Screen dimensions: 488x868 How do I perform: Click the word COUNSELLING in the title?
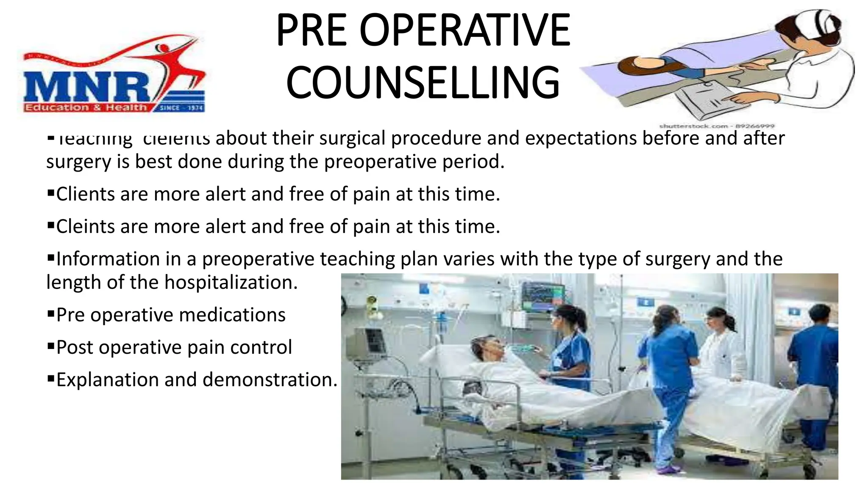click(423, 82)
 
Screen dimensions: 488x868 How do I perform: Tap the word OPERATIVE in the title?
click(465, 30)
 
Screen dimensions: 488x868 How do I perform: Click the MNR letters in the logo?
click(87, 87)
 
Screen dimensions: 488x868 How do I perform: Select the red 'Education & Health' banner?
click(85, 108)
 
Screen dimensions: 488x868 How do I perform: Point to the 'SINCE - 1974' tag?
click(181, 108)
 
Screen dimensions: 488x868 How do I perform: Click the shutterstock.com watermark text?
click(716, 126)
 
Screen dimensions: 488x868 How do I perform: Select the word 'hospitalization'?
click(231, 283)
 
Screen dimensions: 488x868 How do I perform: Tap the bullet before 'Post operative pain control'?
click(51, 347)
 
